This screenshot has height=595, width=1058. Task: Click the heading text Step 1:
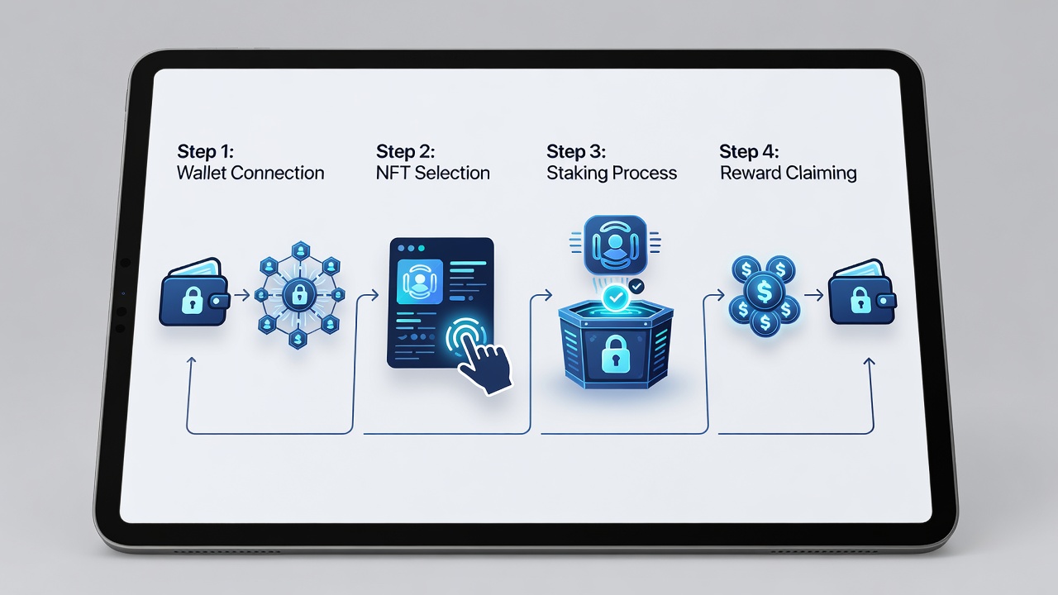coord(206,151)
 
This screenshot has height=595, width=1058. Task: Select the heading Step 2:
coord(405,151)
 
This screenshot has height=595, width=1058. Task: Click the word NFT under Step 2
coord(393,173)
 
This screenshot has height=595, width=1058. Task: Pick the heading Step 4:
coord(749,151)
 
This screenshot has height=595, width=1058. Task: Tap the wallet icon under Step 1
coord(194,293)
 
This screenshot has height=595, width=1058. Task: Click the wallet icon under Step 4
coord(862,293)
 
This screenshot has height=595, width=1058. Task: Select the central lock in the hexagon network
coord(299,295)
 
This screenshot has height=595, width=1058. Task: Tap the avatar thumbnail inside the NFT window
coord(420,282)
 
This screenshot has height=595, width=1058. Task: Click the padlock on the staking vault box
coord(615,354)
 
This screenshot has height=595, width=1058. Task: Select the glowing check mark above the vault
coord(616,297)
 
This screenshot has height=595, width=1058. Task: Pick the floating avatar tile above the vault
coord(615,245)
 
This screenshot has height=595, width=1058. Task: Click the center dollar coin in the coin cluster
coord(764,292)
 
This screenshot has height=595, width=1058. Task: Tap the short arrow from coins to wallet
coord(813,296)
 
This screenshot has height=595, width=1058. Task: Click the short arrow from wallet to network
coord(242,296)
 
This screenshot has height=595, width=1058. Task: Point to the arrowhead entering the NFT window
coord(374,296)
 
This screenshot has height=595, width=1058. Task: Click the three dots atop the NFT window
coord(411,249)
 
